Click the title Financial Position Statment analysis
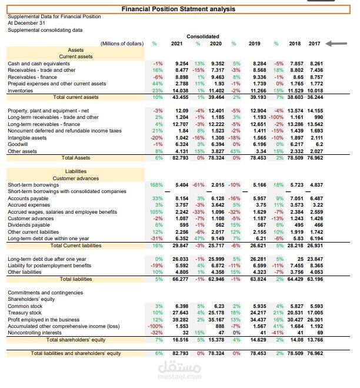click(178, 9)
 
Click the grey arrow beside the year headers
click(336, 44)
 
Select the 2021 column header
click(177, 44)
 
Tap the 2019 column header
click(255, 44)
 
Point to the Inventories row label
click(20, 91)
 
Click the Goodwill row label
click(18, 144)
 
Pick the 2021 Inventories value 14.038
click(181, 91)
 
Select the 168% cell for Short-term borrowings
click(156, 185)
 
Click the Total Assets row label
click(76, 158)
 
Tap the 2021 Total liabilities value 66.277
click(181, 279)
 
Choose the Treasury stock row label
click(25, 313)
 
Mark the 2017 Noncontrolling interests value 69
click(320, 333)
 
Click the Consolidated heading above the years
click(203, 37)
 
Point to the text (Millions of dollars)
click(122, 44)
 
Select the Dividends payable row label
click(29, 225)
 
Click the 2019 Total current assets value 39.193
click(258, 97)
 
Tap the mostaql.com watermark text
click(180, 377)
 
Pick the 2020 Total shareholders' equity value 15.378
click(216, 340)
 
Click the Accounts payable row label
click(28, 198)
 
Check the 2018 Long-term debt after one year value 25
click(301, 259)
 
